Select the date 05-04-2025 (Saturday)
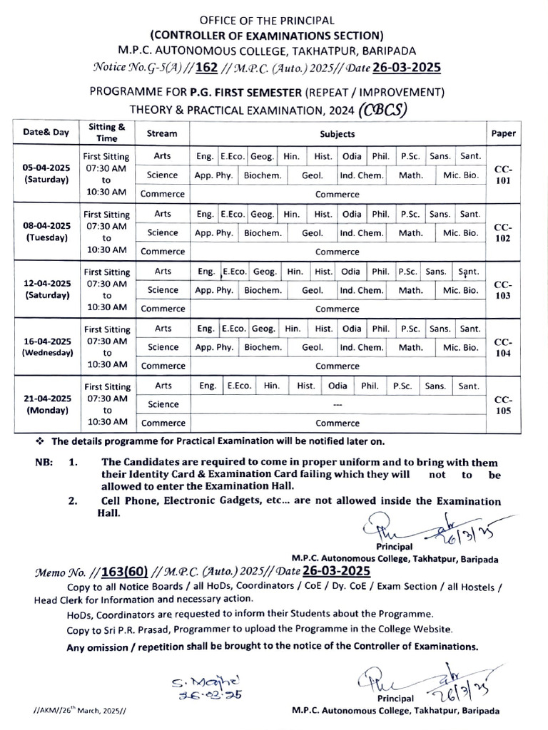(x=46, y=173)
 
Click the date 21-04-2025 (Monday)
(x=46, y=404)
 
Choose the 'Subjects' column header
(x=338, y=133)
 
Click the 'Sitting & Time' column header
(x=107, y=133)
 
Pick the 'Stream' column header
(x=162, y=133)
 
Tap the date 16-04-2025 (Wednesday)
(x=46, y=346)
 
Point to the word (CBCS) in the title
(x=384, y=109)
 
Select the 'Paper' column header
(x=504, y=133)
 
